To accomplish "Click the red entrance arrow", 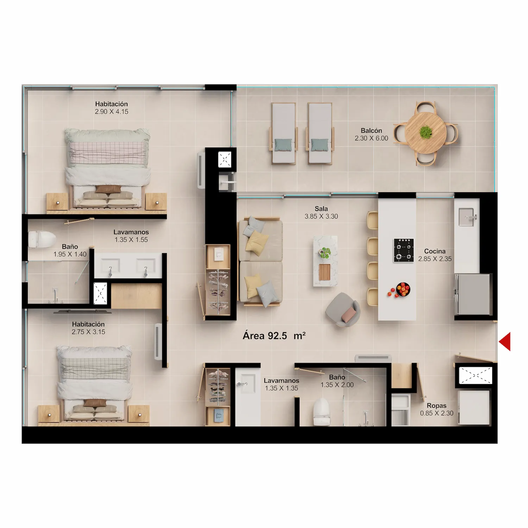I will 505,341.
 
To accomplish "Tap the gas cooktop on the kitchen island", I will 403,250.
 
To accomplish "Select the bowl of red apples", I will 403,289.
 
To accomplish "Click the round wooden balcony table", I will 425,133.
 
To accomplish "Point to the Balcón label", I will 371,131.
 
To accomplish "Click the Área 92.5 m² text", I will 274,336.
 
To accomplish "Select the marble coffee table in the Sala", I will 325,261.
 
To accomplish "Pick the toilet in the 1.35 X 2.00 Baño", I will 321,412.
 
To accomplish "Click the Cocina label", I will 435,251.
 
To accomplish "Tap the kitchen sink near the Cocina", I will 467,216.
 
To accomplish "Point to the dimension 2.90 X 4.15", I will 112,112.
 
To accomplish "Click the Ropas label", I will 436,406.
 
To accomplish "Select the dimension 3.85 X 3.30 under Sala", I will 321,216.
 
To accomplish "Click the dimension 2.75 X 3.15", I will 88,332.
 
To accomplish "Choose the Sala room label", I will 321,209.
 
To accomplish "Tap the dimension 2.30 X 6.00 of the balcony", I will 371,138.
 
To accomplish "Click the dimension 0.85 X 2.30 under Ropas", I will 436,413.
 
